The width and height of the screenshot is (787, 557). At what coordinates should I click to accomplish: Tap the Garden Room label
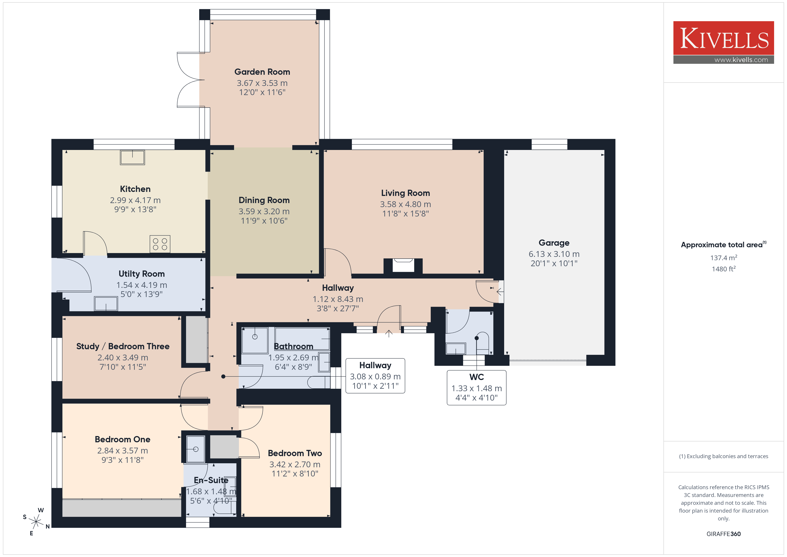click(x=262, y=72)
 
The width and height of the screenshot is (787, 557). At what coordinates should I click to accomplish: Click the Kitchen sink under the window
click(x=132, y=157)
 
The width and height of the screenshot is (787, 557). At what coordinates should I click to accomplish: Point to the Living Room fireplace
click(x=403, y=266)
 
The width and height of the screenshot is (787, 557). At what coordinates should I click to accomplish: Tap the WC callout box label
click(x=476, y=377)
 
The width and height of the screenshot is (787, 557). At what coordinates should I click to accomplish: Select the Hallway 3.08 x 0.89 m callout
click(x=375, y=376)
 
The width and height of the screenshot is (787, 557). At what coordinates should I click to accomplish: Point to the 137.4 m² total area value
click(x=724, y=258)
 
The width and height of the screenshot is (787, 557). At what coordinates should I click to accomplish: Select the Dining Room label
click(x=264, y=200)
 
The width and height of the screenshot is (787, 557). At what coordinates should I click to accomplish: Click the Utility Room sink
click(x=106, y=303)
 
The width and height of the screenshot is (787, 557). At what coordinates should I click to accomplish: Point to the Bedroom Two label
click(x=295, y=453)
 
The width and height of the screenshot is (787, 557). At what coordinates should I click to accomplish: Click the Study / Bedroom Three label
click(x=123, y=346)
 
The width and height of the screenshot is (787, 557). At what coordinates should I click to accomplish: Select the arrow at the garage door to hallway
click(x=500, y=292)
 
